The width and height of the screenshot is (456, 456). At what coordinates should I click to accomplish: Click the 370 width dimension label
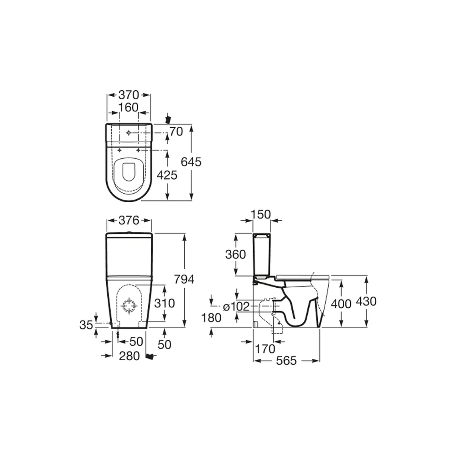[x=129, y=95]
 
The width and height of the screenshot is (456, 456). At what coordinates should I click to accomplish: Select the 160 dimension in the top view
[x=128, y=108]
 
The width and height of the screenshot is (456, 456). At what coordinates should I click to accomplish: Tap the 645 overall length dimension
[x=191, y=162]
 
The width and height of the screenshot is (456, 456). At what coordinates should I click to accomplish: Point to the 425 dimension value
[x=167, y=175]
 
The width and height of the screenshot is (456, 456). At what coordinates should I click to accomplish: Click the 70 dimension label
[x=176, y=132]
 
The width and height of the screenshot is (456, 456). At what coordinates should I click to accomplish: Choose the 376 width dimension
[x=129, y=220]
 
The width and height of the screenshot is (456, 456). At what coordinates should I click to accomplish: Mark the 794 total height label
[x=184, y=279]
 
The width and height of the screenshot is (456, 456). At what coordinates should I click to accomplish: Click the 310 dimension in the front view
[x=164, y=303]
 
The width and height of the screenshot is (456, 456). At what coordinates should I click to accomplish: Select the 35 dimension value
[x=86, y=325]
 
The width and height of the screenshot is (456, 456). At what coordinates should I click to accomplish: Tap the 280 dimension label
[x=130, y=356]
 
